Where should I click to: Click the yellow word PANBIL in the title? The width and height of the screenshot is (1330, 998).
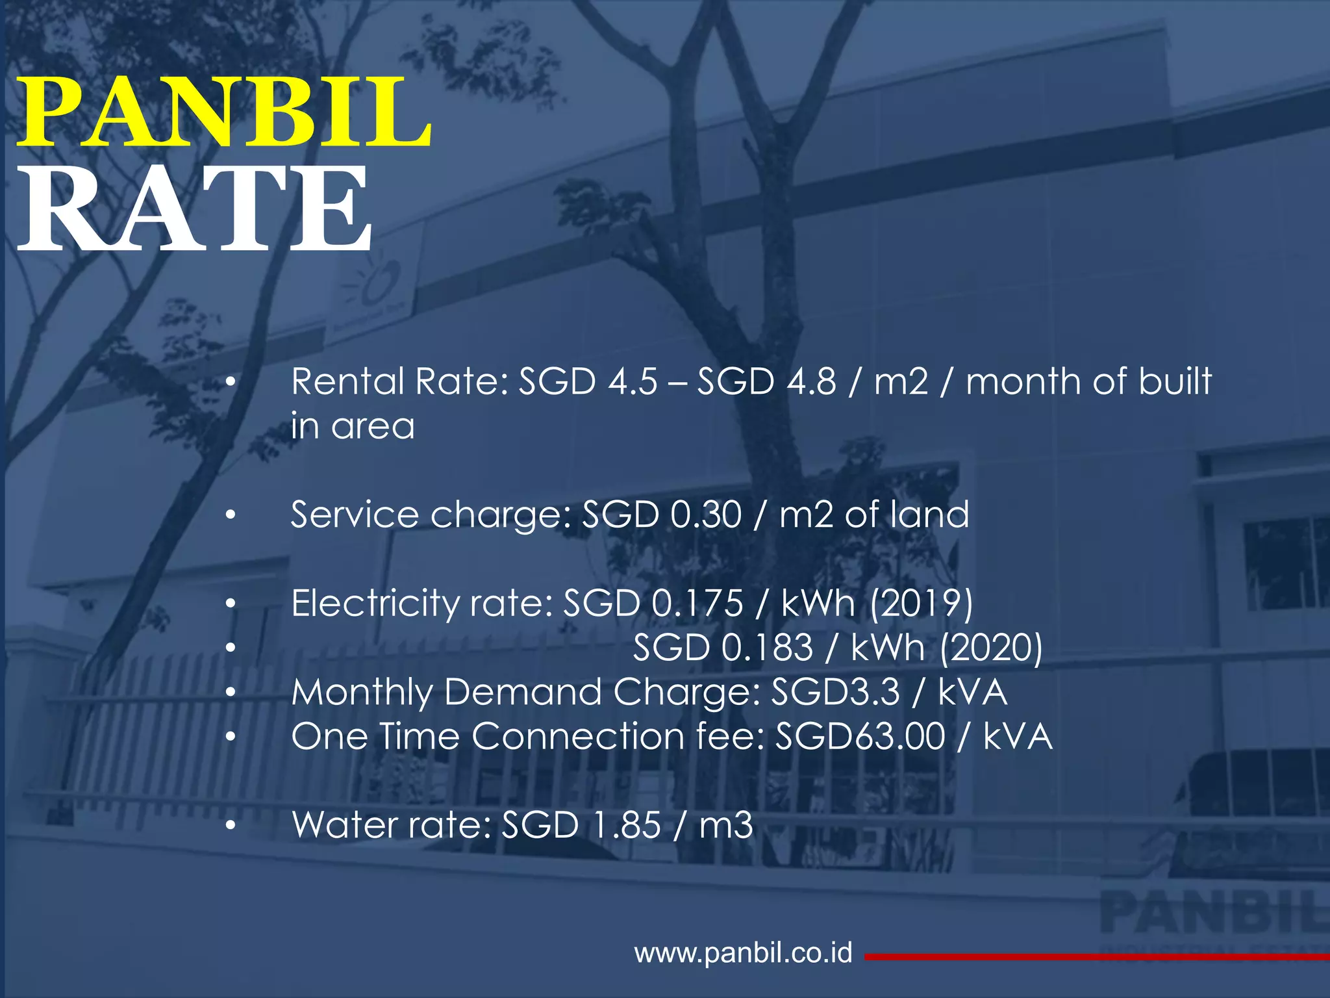point(224,112)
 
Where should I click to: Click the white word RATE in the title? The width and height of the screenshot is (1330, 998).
point(195,209)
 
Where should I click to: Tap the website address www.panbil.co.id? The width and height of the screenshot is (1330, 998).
point(743,953)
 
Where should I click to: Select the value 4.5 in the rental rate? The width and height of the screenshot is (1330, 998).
point(633,381)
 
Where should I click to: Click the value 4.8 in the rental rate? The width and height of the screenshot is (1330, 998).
point(811,381)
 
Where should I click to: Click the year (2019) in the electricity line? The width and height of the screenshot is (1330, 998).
point(921,604)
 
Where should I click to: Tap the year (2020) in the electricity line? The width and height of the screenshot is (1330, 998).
point(991,648)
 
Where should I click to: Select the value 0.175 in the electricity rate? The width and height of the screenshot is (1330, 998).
point(697,604)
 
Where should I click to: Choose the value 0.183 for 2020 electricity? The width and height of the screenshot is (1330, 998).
point(767,648)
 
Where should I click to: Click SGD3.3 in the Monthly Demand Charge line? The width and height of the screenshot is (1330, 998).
point(835,692)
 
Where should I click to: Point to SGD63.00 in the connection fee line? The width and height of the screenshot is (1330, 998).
point(860,737)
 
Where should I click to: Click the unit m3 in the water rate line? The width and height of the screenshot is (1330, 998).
point(726,825)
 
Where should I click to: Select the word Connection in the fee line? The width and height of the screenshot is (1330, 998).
point(577,737)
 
